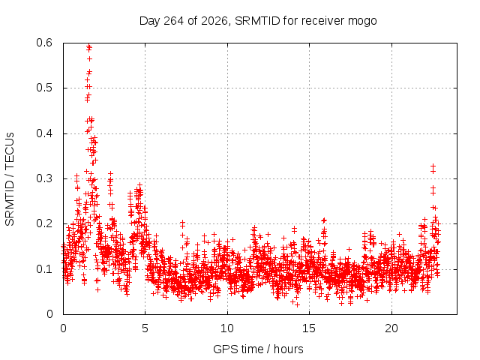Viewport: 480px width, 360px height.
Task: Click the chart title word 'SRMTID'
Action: [x=257, y=21]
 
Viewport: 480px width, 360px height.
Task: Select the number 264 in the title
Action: [x=173, y=21]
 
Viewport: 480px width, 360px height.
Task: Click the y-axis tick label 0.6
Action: [x=44, y=43]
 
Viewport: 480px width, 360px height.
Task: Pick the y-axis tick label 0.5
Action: [x=44, y=88]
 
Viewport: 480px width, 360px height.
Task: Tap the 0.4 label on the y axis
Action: [x=44, y=133]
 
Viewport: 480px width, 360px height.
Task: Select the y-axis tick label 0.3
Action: [x=44, y=178]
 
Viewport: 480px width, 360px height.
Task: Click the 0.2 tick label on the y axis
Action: [x=44, y=223]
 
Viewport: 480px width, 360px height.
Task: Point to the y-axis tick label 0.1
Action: [x=44, y=269]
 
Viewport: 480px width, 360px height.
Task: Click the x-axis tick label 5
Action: [x=145, y=328]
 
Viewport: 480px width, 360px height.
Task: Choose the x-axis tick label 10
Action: [x=227, y=328]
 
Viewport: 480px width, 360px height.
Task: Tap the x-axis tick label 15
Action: [x=309, y=328]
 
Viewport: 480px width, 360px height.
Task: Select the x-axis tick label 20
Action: [x=391, y=328]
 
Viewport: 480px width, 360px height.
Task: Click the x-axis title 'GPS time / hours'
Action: [x=258, y=349]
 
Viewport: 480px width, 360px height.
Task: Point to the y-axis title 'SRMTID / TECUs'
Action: [x=10, y=179]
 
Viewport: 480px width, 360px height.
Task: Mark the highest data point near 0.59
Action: [x=89, y=46]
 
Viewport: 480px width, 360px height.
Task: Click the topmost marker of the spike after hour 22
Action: [x=433, y=166]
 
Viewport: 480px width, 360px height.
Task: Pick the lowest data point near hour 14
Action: [x=297, y=304]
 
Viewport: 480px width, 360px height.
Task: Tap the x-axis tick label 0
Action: [x=63, y=328]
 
